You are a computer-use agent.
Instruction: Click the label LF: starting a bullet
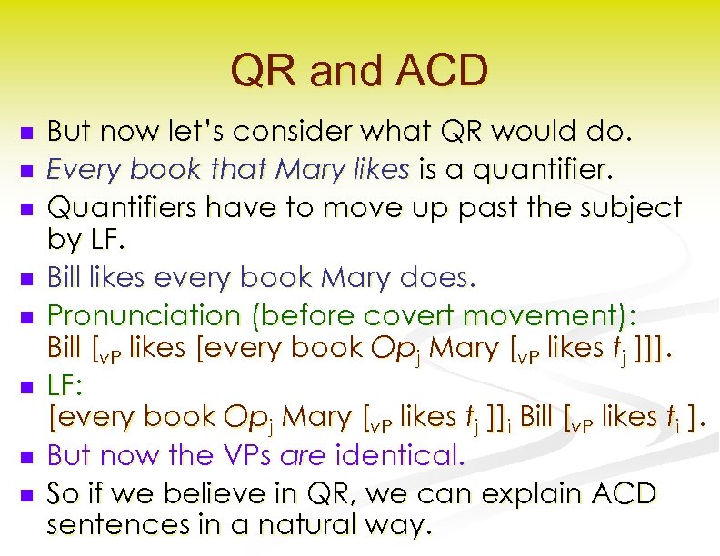pos(65,385)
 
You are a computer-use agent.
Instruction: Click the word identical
pos(410,454)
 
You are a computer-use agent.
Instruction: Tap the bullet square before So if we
pos(26,495)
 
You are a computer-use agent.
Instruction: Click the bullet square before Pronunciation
pos(26,315)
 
